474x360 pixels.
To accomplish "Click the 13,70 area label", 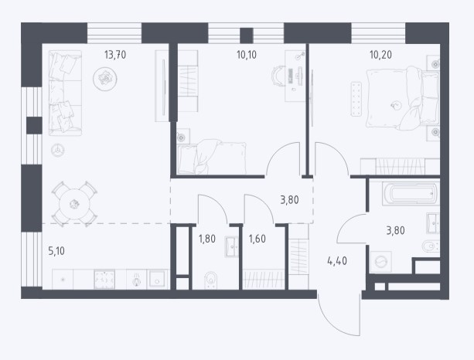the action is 115,55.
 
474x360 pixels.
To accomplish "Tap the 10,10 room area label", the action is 247,55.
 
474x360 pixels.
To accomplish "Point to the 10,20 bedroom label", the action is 380,55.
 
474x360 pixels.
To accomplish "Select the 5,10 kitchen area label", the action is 56,251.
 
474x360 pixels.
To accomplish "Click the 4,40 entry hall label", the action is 337,260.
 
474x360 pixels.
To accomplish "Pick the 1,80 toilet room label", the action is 207,239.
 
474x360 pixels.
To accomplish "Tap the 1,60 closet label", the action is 257,239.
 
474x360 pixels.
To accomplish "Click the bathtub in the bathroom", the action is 411,193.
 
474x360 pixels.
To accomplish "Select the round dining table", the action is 75,204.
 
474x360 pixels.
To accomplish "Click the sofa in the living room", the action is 65,93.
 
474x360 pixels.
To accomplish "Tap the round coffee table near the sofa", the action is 105,79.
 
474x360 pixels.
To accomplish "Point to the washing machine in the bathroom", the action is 381,262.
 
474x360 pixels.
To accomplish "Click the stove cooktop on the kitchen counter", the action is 104,280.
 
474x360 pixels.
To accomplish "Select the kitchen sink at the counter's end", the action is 157,280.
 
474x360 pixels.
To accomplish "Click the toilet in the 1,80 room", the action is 210,281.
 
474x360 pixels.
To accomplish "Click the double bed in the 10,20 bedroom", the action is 403,98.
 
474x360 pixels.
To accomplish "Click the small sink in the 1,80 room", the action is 231,246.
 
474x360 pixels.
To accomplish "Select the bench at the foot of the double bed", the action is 356,99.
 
